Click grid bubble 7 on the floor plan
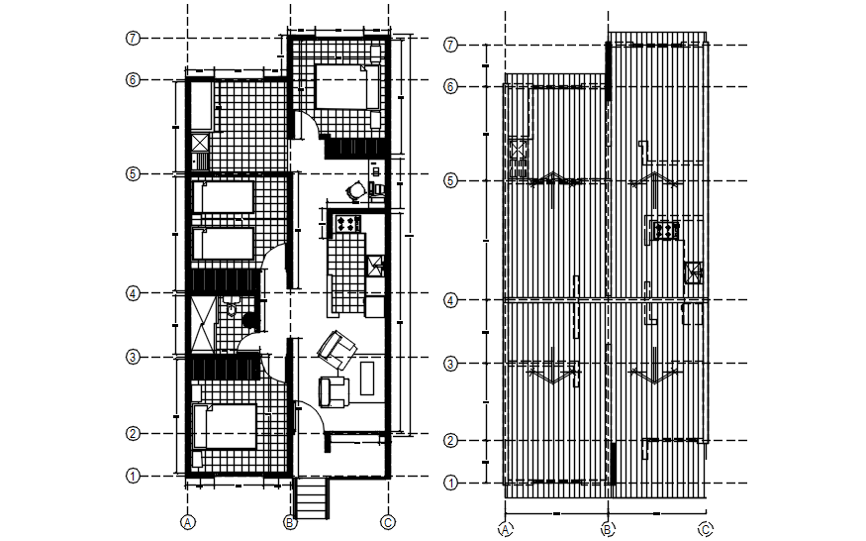pyautogui.click(x=133, y=38)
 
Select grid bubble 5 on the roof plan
pyautogui.click(x=450, y=180)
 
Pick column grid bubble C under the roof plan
pyautogui.click(x=705, y=528)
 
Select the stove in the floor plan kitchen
pyautogui.click(x=347, y=222)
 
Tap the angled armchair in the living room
pyautogui.click(x=337, y=347)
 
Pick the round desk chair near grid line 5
pyautogui.click(x=355, y=190)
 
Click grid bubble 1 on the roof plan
pyautogui.click(x=450, y=483)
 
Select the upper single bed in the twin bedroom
pyautogui.click(x=223, y=197)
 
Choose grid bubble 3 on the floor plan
pyautogui.click(x=133, y=357)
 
